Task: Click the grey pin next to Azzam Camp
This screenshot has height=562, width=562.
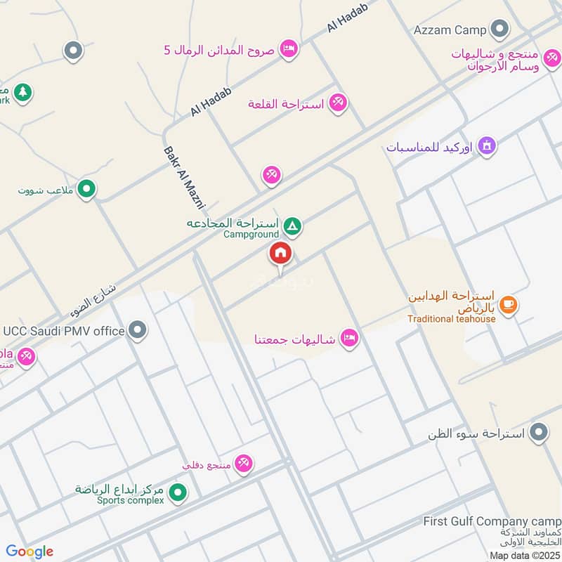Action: pos(499,29)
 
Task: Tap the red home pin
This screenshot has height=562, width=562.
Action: pos(280,253)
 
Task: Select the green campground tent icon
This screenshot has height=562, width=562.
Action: pos(294,226)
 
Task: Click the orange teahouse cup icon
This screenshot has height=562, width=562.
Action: pos(509,305)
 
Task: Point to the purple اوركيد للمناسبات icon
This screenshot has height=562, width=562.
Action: pos(487,146)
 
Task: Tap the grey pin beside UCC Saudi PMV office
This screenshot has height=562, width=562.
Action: pos(138,329)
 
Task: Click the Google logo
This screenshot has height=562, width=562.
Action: pos(30,551)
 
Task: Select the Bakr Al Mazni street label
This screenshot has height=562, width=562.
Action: pos(183,178)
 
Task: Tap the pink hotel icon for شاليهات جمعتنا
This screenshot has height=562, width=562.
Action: pos(348,339)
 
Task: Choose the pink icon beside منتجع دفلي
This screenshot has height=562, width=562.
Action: pos(244,463)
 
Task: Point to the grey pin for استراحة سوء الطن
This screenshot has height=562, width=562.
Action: pos(539,431)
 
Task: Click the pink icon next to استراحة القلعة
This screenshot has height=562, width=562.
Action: pos(338,103)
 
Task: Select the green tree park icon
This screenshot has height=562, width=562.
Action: pos(23,91)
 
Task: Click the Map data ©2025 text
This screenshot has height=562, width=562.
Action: pos(525,555)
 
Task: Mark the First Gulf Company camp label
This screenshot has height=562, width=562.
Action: pos(492,521)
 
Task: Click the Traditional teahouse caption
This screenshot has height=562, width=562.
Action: pos(452,318)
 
